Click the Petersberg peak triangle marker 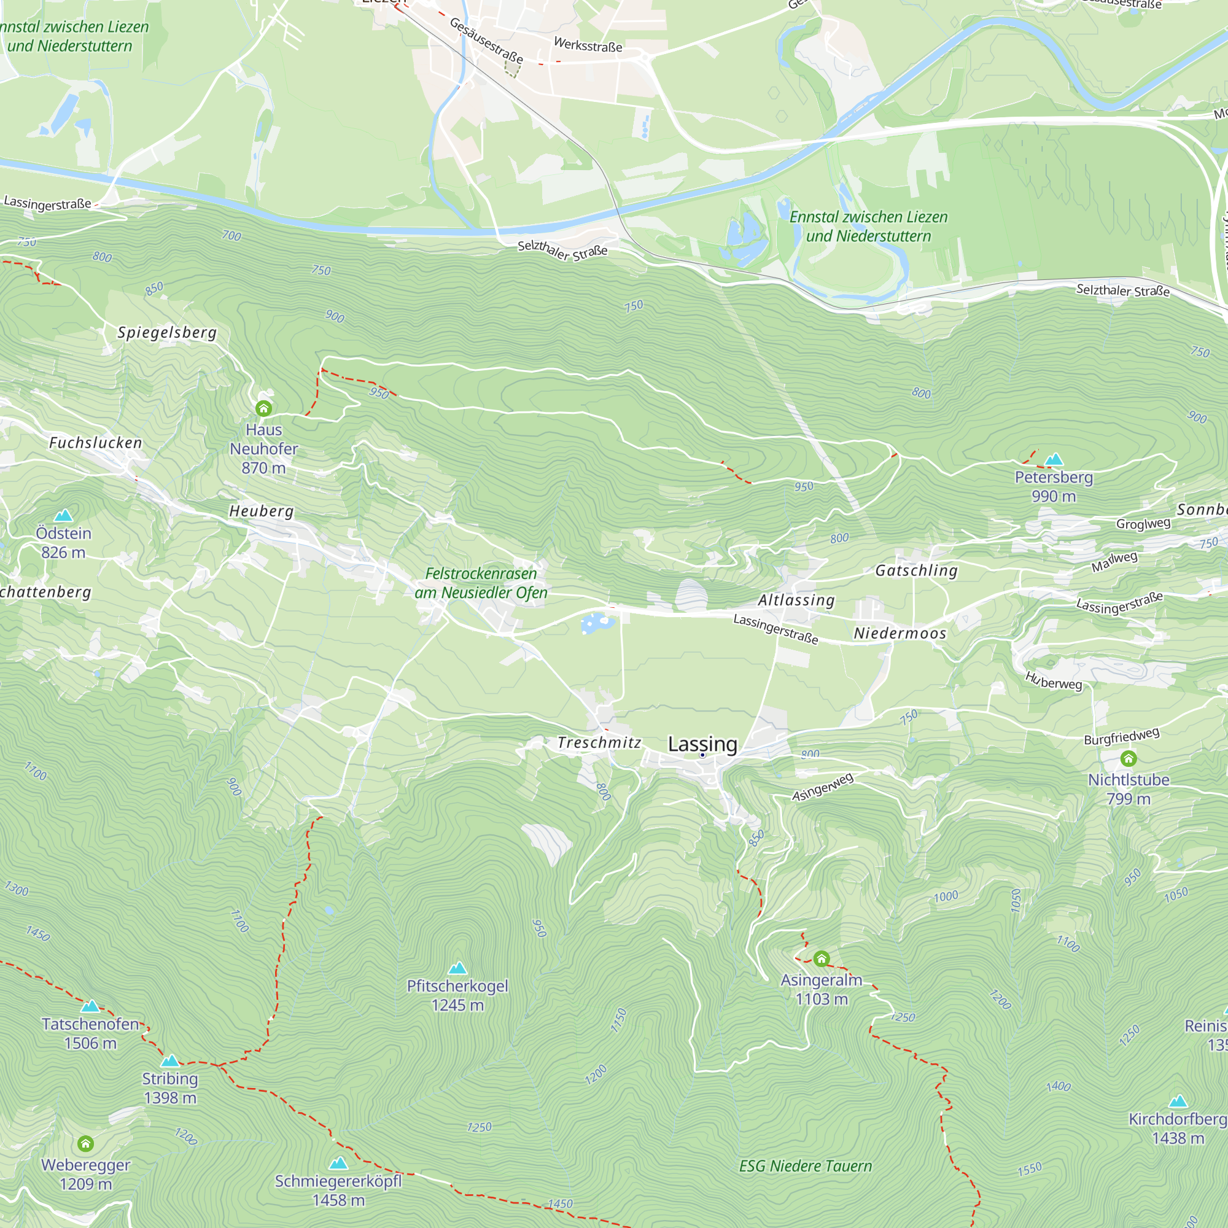point(1054,459)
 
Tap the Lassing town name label point(702,744)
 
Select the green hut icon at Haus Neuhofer point(264,408)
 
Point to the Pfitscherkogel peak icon point(457,968)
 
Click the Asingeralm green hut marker point(821,958)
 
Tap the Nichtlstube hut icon point(1128,758)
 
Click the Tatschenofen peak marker point(90,1006)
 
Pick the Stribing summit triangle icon point(169,1061)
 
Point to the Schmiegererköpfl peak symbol point(338,1163)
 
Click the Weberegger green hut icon point(86,1144)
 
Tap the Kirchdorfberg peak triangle point(1178,1102)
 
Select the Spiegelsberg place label point(167,332)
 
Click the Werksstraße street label point(588,45)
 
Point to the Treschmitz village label point(599,742)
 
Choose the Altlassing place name point(796,600)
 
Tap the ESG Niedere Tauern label point(806,1167)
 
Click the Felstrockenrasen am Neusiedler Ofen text point(481,583)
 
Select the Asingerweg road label point(823,788)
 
